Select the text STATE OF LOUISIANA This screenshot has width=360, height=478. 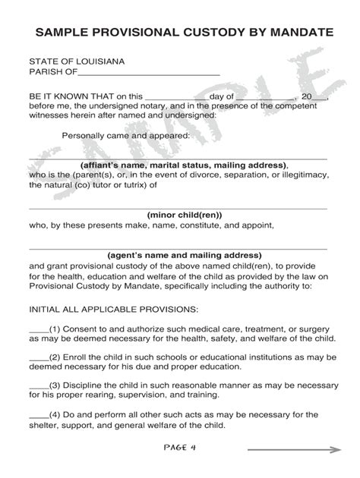pos(77,60)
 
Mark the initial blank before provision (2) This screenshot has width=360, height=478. pos(38,357)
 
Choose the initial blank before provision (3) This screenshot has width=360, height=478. pos(38,384)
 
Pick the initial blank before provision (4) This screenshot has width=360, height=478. pos(38,414)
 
